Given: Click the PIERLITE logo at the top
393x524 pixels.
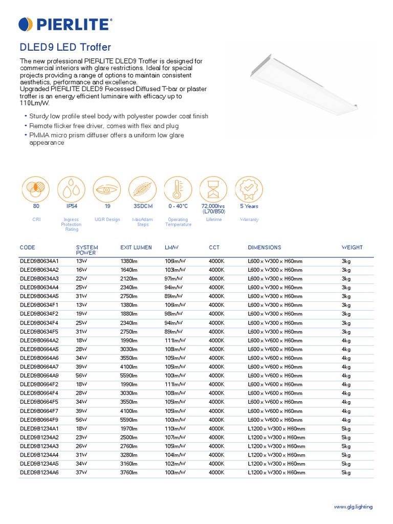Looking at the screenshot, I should pyautogui.click(x=65, y=24).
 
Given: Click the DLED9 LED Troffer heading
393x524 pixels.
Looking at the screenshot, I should pyautogui.click(x=65, y=48).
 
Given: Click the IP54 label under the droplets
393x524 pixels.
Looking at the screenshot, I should pyautogui.click(x=72, y=206).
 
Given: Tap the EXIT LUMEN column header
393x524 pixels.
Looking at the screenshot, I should pyautogui.click(x=136, y=248).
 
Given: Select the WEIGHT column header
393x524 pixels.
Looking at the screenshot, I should pyautogui.click(x=352, y=248).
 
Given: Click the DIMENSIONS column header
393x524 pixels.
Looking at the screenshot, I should pyautogui.click(x=264, y=248).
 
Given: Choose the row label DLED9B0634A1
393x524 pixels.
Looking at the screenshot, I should pyautogui.click(x=39, y=261).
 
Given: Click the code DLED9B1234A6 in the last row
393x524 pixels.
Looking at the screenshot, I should pyautogui.click(x=39, y=473).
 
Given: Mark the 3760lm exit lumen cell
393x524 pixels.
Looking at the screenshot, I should pyautogui.click(x=128, y=473).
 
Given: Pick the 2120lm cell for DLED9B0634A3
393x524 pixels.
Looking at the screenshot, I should pyautogui.click(x=128, y=278).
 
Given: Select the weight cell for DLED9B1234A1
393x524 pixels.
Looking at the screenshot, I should pyautogui.click(x=346, y=429).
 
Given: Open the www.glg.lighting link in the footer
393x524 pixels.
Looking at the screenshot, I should pyautogui.click(x=353, y=507).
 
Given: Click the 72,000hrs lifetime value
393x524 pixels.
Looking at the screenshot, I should pyautogui.click(x=213, y=206).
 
